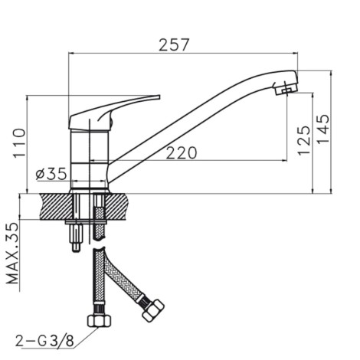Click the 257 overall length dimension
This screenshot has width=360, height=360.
(x=174, y=45)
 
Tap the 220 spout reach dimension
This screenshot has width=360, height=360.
(x=182, y=153)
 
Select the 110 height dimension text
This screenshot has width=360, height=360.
(x=20, y=143)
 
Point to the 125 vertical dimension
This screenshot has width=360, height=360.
(x=304, y=140)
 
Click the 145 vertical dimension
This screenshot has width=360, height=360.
(x=322, y=129)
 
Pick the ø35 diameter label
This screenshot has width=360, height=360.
(x=51, y=174)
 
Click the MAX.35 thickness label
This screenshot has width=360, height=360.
(x=12, y=254)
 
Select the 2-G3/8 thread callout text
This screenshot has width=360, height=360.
(x=45, y=341)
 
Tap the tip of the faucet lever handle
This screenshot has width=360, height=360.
(x=159, y=97)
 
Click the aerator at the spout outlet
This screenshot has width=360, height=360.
(x=286, y=89)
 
